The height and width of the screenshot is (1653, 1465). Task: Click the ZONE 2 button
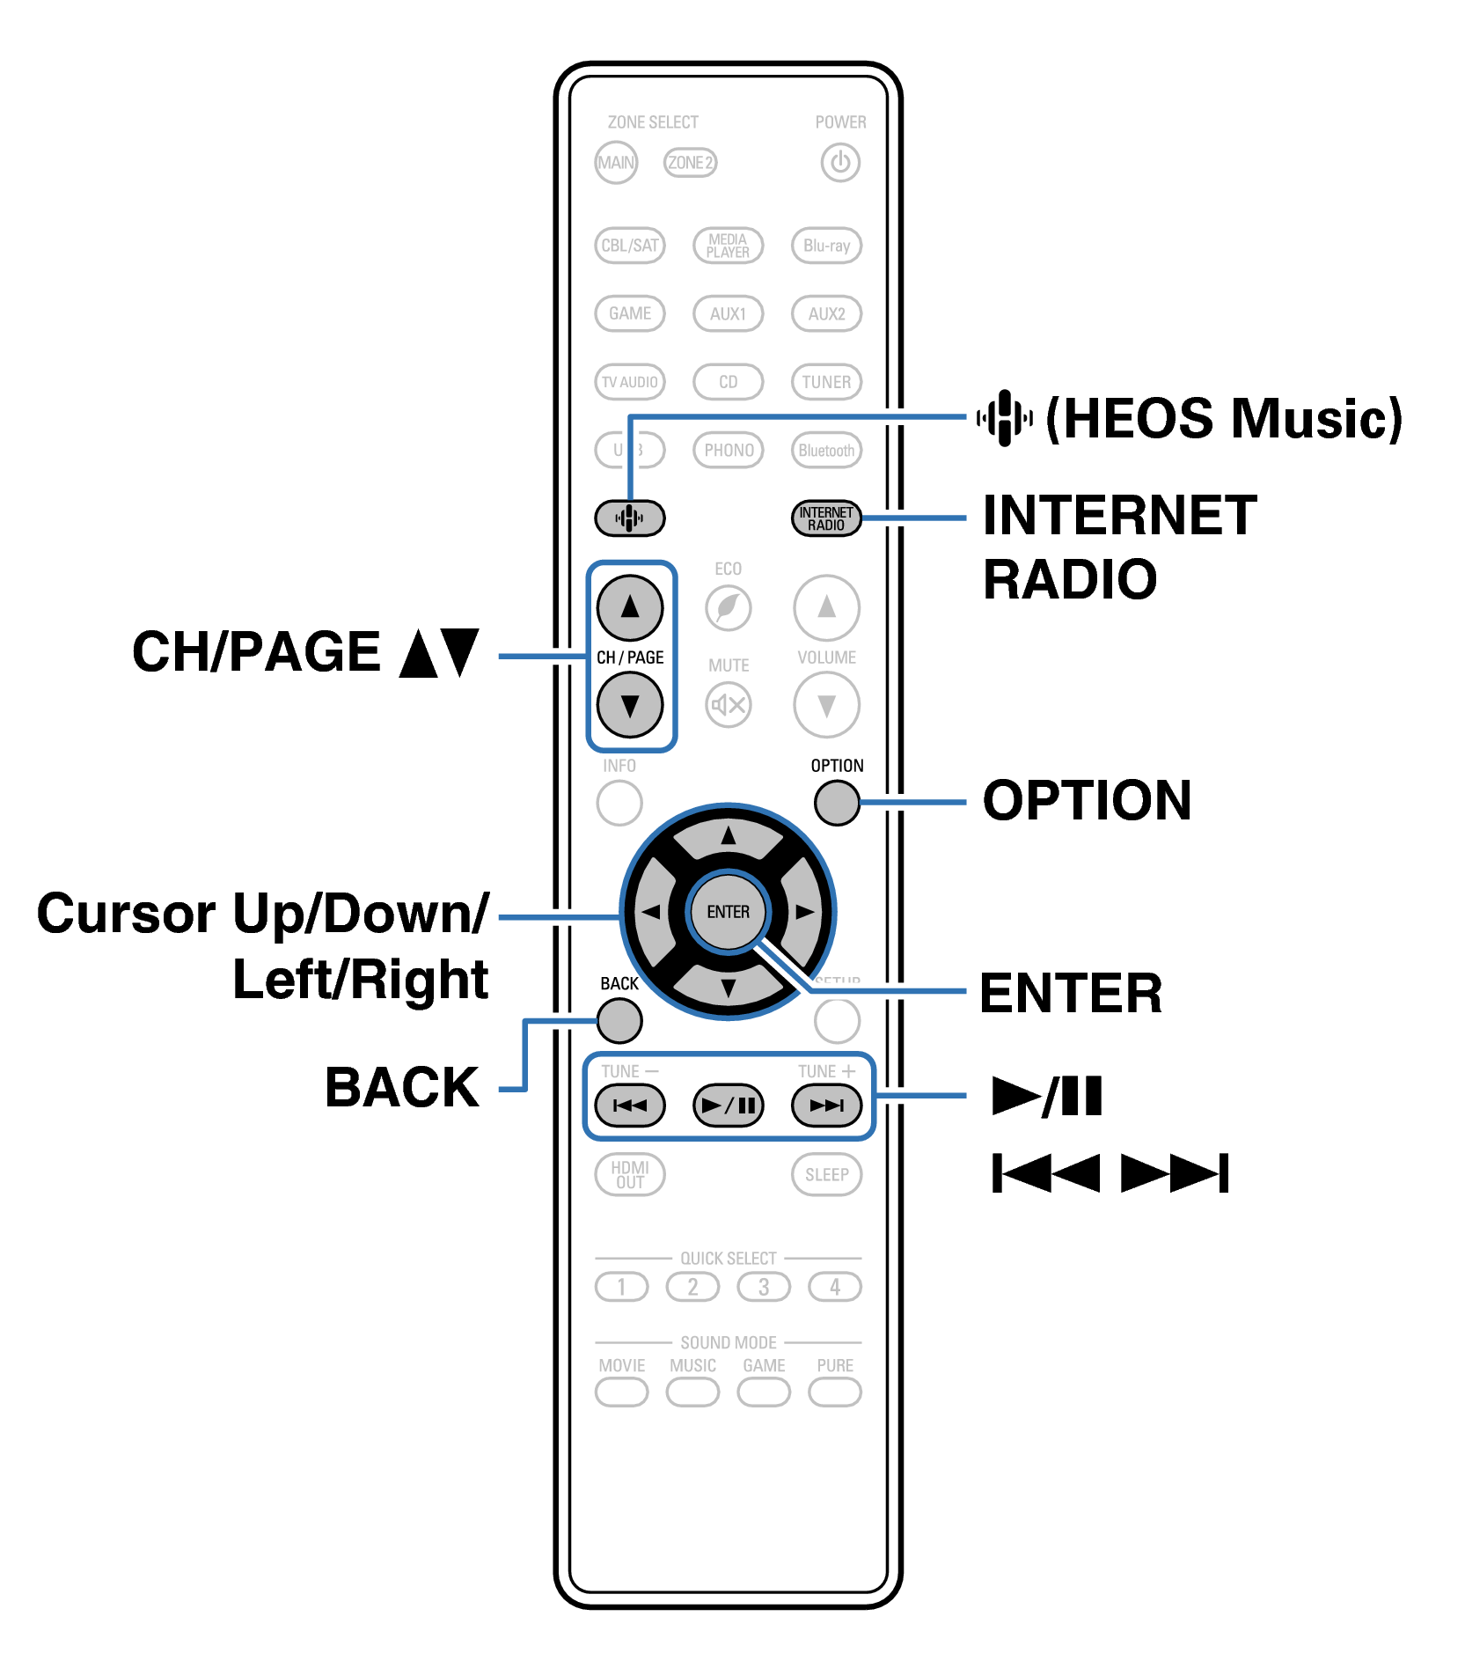point(690,163)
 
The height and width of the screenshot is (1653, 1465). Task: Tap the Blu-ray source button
point(826,246)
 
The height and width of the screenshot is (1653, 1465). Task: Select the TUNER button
point(826,382)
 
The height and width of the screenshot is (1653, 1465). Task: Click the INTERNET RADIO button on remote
point(825,518)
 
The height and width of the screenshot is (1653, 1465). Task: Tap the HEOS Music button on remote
point(629,518)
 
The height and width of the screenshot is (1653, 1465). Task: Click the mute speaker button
point(729,704)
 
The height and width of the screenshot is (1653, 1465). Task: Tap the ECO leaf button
point(729,607)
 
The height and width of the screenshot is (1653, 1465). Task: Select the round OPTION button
point(836,803)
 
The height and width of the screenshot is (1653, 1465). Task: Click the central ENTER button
point(729,912)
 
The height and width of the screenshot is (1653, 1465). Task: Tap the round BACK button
point(619,1021)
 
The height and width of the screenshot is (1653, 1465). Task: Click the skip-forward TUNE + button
point(825,1106)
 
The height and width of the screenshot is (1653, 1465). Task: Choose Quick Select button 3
point(764,1287)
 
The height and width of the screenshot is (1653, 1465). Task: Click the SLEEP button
point(826,1175)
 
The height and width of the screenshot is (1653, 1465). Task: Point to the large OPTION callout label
point(1087,801)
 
